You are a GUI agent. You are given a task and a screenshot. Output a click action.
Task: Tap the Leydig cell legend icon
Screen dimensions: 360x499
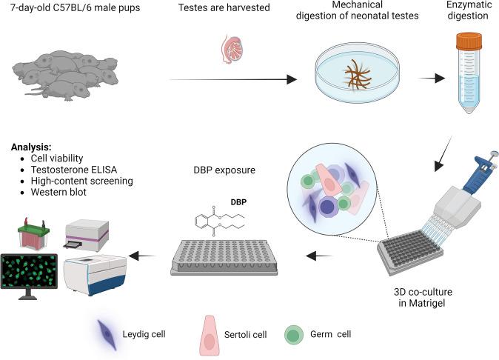[111, 334]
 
